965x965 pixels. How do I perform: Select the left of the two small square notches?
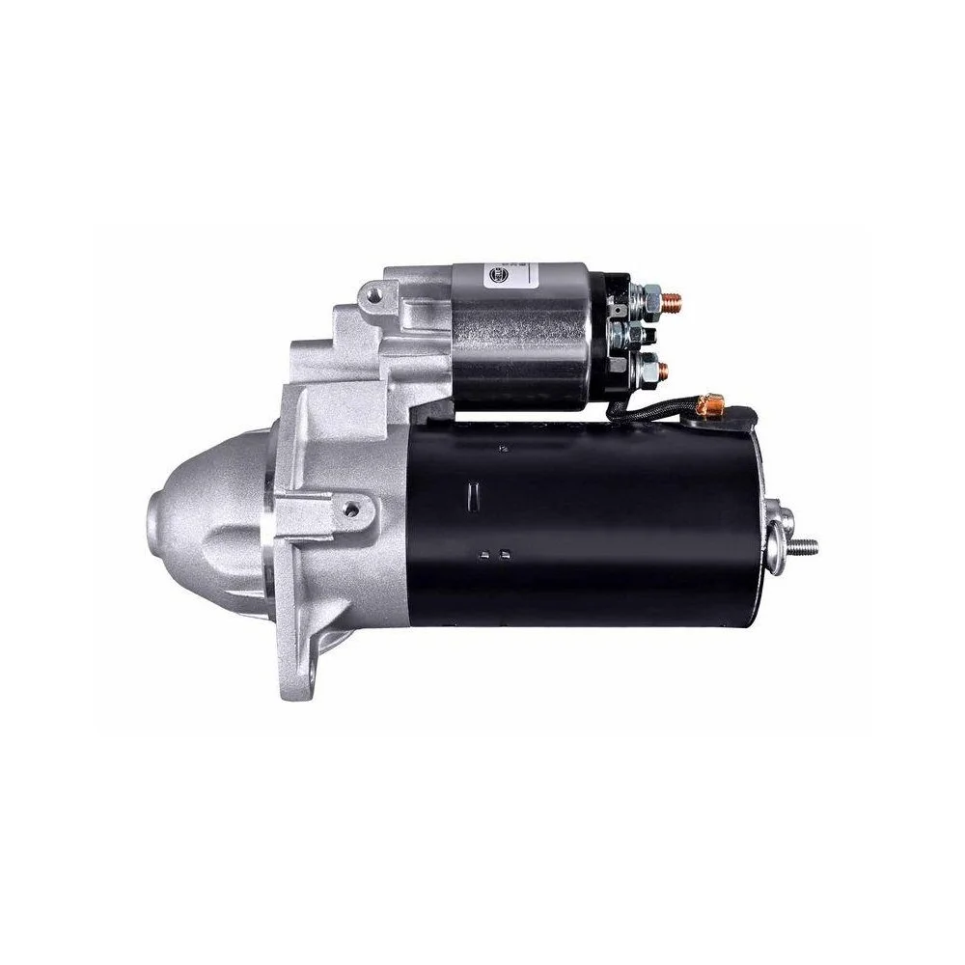483,554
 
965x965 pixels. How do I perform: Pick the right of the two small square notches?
504,554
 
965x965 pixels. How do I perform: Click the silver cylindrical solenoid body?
521,333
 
